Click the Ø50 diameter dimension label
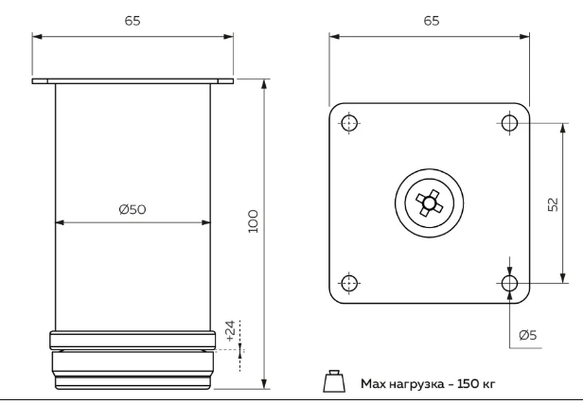click(x=132, y=209)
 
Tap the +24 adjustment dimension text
click(x=230, y=330)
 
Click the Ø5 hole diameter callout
click(x=528, y=334)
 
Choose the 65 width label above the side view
click(x=132, y=21)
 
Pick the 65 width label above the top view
click(x=429, y=21)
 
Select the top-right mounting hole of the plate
click(x=510, y=123)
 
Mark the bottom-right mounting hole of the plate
click(x=510, y=283)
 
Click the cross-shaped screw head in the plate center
click(x=429, y=202)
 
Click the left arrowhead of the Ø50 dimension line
click(x=60, y=223)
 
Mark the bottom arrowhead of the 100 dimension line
click(x=264, y=384)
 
